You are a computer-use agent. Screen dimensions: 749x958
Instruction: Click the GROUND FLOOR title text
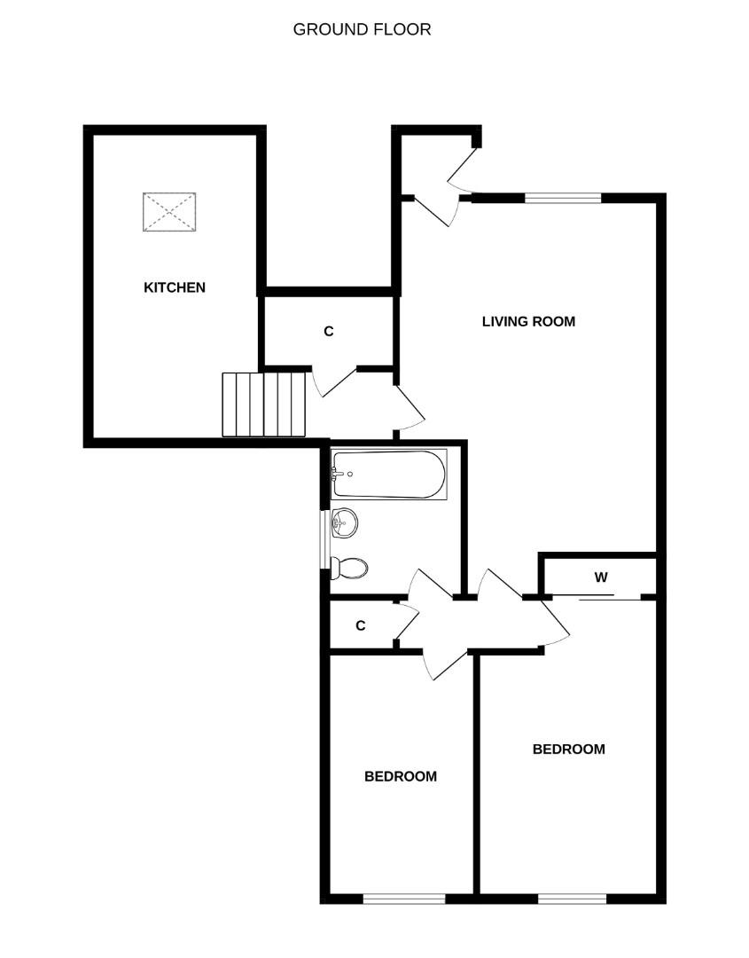click(362, 29)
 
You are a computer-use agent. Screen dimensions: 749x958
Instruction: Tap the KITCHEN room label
click(175, 287)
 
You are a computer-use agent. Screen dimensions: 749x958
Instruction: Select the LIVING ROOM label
click(528, 321)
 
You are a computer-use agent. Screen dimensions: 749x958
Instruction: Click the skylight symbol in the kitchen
click(169, 212)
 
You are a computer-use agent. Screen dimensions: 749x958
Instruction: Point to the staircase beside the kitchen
click(264, 404)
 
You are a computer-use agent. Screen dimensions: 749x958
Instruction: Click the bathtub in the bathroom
click(389, 474)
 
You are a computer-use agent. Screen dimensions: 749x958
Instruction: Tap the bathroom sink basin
click(344, 523)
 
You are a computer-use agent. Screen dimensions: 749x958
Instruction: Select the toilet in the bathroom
click(349, 569)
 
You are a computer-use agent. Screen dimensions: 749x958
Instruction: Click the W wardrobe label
click(601, 577)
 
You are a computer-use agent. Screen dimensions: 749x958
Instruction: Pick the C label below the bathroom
click(361, 625)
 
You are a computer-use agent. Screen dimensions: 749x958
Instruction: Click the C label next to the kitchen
click(329, 331)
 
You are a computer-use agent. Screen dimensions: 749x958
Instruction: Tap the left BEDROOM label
click(401, 776)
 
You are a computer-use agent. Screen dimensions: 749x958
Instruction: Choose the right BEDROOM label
click(569, 749)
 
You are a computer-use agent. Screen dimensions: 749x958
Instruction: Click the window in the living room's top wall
click(563, 198)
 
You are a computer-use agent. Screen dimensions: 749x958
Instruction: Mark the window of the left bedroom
click(404, 899)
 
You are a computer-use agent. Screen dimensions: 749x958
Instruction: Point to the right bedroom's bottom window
click(572, 899)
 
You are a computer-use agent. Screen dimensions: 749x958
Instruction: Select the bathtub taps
click(338, 474)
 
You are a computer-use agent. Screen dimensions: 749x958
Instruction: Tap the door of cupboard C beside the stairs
click(333, 382)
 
